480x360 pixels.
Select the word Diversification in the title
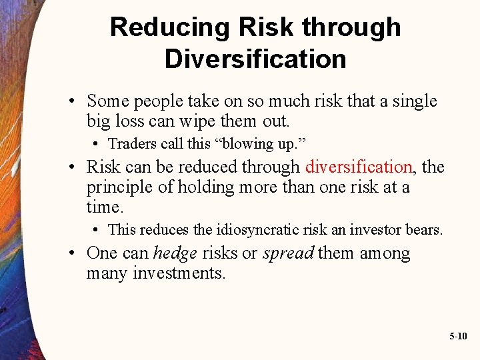(x=255, y=59)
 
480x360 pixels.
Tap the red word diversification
(x=359, y=167)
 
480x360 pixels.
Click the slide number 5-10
(x=458, y=337)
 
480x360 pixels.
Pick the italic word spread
(x=288, y=254)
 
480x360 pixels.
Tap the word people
(x=159, y=102)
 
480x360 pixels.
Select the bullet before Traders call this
(x=97, y=144)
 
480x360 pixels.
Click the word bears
(x=425, y=230)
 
